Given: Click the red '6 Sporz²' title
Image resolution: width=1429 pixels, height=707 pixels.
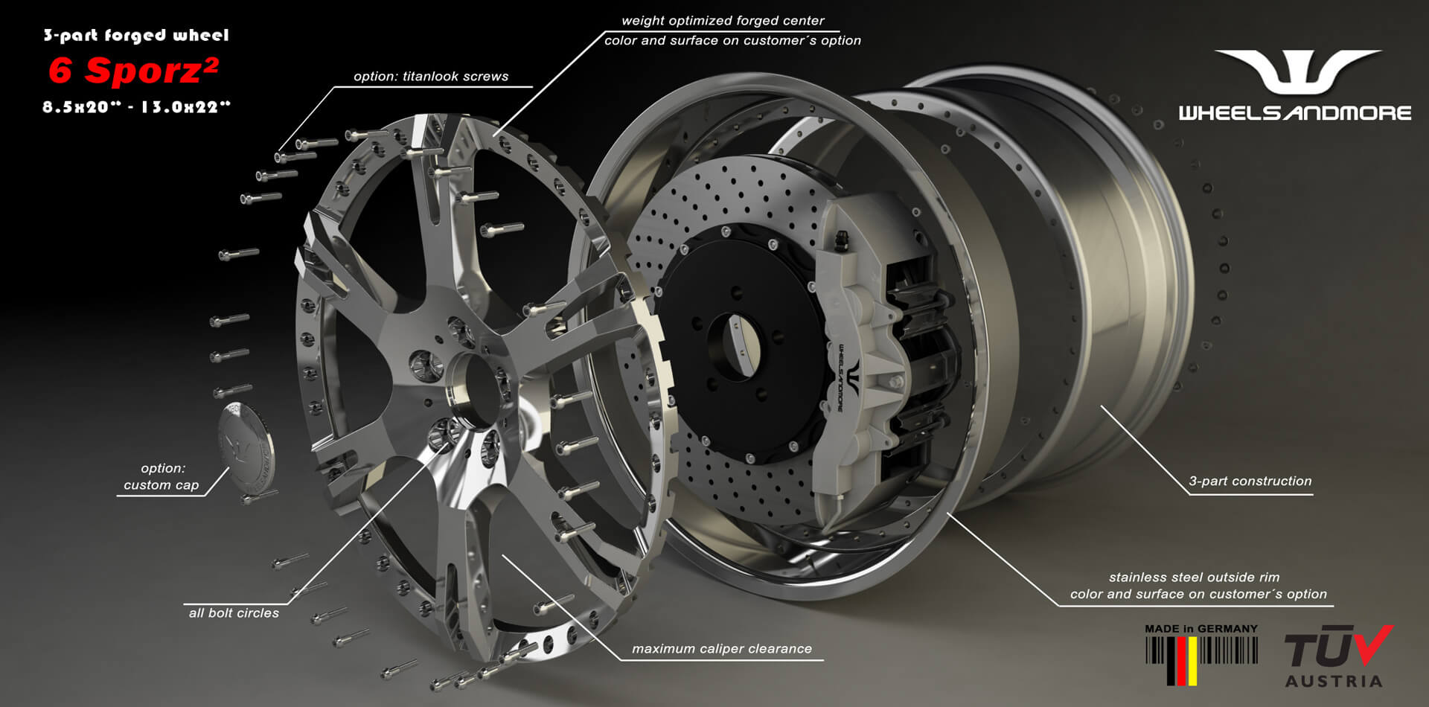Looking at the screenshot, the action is [133, 71].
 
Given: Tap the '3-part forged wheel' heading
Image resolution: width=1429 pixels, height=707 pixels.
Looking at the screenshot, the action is [136, 35].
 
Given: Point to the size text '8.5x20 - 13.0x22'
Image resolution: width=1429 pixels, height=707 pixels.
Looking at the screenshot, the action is [136, 107].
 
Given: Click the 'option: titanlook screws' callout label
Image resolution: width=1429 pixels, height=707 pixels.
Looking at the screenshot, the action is [431, 76].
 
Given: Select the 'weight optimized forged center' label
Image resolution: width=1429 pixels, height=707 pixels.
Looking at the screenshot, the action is [723, 21].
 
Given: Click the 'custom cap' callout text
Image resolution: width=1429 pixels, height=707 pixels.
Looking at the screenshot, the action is [162, 485].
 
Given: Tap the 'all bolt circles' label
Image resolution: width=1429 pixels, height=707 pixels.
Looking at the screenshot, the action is [234, 613].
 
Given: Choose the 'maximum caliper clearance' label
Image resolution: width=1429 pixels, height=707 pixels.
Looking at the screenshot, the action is [722, 649].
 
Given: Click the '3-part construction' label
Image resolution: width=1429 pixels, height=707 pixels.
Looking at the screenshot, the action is [1250, 482].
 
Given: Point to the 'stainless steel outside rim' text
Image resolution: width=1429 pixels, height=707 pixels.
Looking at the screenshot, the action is [1194, 578].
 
